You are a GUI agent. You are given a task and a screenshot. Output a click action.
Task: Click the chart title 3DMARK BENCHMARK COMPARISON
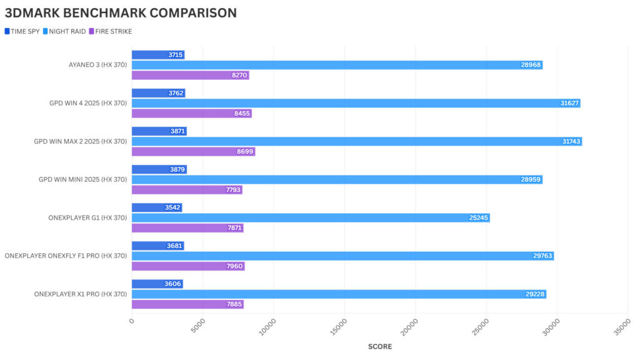coord(121,12)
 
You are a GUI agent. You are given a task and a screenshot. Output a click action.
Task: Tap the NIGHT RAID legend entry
coord(65,31)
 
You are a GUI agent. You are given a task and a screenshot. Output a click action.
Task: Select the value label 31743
coord(571,142)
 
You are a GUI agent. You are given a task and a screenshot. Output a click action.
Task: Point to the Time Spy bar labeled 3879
coord(159,169)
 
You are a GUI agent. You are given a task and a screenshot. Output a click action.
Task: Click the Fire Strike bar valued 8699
coord(193,152)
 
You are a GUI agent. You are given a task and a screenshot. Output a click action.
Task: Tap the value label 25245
coord(479,218)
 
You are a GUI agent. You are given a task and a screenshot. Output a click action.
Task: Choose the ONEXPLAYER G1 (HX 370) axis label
coord(87,217)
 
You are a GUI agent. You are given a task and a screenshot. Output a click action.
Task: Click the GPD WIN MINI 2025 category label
coord(82,179)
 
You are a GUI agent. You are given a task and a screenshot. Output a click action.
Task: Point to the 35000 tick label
coord(621,326)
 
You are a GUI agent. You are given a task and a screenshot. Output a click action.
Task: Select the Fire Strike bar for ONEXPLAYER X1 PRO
coord(187,304)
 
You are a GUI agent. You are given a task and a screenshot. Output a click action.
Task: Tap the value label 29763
coord(542,256)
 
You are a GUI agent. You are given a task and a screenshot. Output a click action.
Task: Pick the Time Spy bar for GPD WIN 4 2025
coord(158,93)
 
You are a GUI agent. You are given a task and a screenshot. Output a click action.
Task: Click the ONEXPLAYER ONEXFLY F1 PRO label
coord(66,256)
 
